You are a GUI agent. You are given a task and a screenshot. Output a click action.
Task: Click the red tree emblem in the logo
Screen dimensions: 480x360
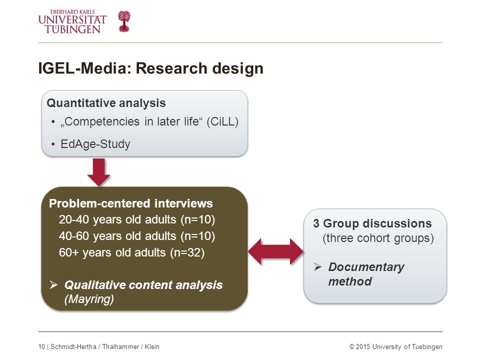click(124, 21)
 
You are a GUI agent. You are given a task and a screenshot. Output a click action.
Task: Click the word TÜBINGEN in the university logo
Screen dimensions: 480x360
click(72, 29)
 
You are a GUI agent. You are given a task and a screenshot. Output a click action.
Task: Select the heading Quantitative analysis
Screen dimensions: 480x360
click(106, 103)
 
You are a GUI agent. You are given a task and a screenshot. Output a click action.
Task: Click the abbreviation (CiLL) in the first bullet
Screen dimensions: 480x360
click(222, 121)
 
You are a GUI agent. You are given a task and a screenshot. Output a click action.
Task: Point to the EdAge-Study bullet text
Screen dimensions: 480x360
click(95, 144)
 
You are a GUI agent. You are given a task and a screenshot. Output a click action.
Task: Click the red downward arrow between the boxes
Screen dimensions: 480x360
click(98, 172)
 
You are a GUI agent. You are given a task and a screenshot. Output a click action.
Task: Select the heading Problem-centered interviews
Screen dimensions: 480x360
click(130, 203)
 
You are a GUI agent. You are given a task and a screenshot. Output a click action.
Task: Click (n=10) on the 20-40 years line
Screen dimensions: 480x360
click(198, 219)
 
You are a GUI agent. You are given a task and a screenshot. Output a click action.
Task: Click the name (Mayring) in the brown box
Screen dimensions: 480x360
click(89, 299)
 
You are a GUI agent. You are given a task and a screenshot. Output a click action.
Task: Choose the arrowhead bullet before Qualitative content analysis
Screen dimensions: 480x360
click(53, 285)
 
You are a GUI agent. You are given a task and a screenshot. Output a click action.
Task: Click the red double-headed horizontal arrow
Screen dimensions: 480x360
click(275, 251)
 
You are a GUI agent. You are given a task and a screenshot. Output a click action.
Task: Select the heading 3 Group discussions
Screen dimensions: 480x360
click(372, 223)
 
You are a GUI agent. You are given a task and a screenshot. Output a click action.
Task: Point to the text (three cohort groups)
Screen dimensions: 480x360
click(378, 238)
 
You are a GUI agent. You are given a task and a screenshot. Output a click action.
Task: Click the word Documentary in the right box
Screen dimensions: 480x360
click(366, 267)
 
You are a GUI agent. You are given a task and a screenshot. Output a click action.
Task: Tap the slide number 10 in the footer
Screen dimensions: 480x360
click(41, 346)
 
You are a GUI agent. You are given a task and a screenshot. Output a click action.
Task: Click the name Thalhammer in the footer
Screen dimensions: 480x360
click(120, 346)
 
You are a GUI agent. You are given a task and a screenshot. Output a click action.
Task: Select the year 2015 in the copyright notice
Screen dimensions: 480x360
click(363, 346)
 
